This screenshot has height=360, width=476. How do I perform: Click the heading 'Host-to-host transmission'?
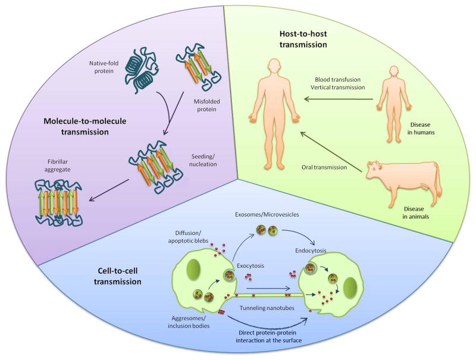303,39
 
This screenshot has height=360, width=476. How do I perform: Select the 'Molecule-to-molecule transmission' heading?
85,126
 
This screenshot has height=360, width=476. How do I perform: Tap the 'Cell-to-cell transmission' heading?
117,276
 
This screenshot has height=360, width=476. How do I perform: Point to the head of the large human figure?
275,67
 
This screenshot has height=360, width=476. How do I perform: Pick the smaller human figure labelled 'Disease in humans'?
394,104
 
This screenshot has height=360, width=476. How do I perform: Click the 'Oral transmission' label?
324,167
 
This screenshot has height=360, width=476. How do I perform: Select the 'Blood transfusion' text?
337,80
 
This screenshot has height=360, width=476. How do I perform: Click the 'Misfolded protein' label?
206,105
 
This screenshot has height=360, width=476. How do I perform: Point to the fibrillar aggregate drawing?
58,202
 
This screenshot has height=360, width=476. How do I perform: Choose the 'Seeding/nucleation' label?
203,160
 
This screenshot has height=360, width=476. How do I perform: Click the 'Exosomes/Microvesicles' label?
267,215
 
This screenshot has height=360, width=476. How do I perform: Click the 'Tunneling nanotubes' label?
267,308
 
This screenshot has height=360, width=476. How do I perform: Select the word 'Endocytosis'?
311,251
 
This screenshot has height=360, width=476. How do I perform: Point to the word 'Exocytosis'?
250,266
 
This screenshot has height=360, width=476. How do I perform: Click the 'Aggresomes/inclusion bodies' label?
189,322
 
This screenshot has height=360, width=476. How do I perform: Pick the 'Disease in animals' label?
415,213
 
